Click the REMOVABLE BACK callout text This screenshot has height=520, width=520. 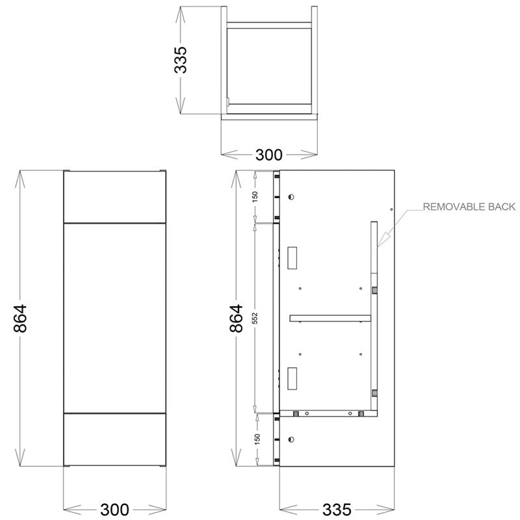(x=469, y=207)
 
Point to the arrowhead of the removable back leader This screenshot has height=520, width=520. (x=378, y=246)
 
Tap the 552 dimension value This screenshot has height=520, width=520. (x=255, y=318)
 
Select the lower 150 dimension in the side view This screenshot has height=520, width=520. (x=255, y=439)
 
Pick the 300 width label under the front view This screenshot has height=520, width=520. (x=114, y=507)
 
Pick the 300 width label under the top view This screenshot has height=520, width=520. (x=268, y=155)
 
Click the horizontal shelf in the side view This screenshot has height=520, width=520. (x=330, y=318)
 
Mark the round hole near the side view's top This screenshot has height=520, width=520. (x=292, y=197)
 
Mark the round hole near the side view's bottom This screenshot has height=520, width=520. (x=292, y=437)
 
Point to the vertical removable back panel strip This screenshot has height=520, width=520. (x=374, y=318)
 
